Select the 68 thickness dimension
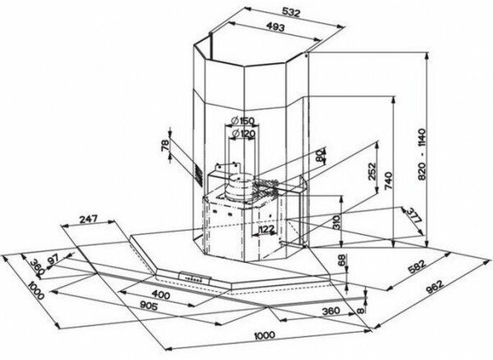[x=342, y=262]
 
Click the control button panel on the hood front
[x=194, y=279]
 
